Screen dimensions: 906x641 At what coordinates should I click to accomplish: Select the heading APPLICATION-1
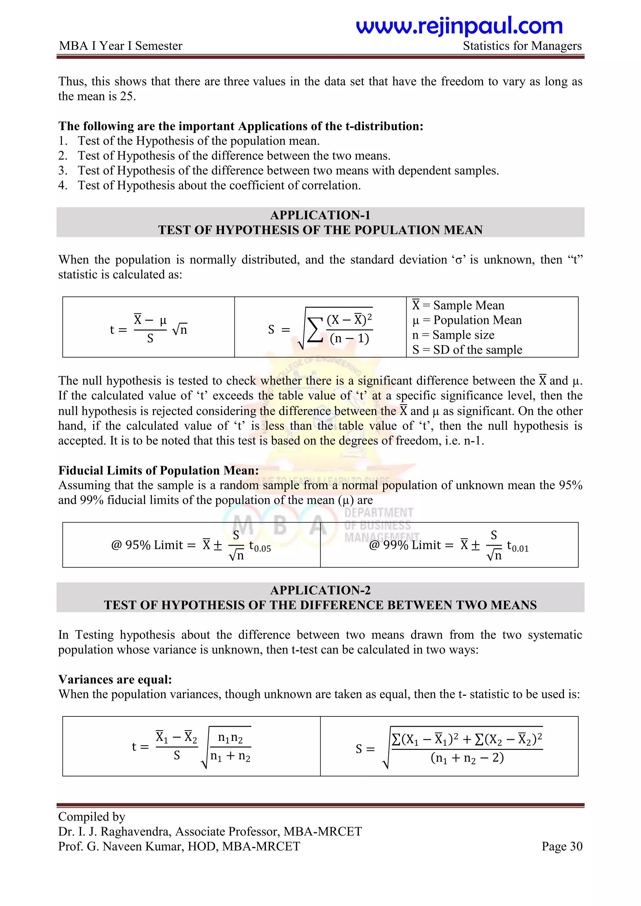point(320,215)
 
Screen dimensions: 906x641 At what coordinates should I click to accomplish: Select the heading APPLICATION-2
point(320,590)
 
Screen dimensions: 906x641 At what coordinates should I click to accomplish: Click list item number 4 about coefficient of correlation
point(219,185)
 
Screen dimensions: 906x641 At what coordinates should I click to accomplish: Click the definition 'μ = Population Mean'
point(467,320)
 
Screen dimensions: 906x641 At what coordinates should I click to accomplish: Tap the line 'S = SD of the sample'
point(467,350)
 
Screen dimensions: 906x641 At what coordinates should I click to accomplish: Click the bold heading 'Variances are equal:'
point(115,679)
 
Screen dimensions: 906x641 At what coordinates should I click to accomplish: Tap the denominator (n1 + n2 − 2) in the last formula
point(467,758)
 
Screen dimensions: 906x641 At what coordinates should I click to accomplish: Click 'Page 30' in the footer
point(562,846)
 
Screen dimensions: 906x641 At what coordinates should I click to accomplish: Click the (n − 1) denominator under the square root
point(349,338)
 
